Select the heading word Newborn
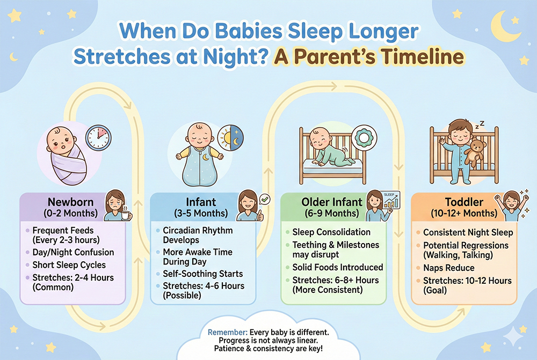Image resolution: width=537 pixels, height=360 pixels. click(x=70, y=202)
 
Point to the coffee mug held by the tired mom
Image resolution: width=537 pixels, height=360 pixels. click(x=126, y=215)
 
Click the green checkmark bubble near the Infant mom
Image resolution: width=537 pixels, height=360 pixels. click(x=264, y=199)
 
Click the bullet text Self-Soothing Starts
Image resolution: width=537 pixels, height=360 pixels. click(x=203, y=274)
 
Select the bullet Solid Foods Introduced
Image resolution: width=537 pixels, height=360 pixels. click(x=337, y=267)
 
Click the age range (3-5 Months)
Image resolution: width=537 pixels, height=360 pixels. click(x=201, y=214)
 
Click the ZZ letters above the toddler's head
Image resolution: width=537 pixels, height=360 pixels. click(x=480, y=124)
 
